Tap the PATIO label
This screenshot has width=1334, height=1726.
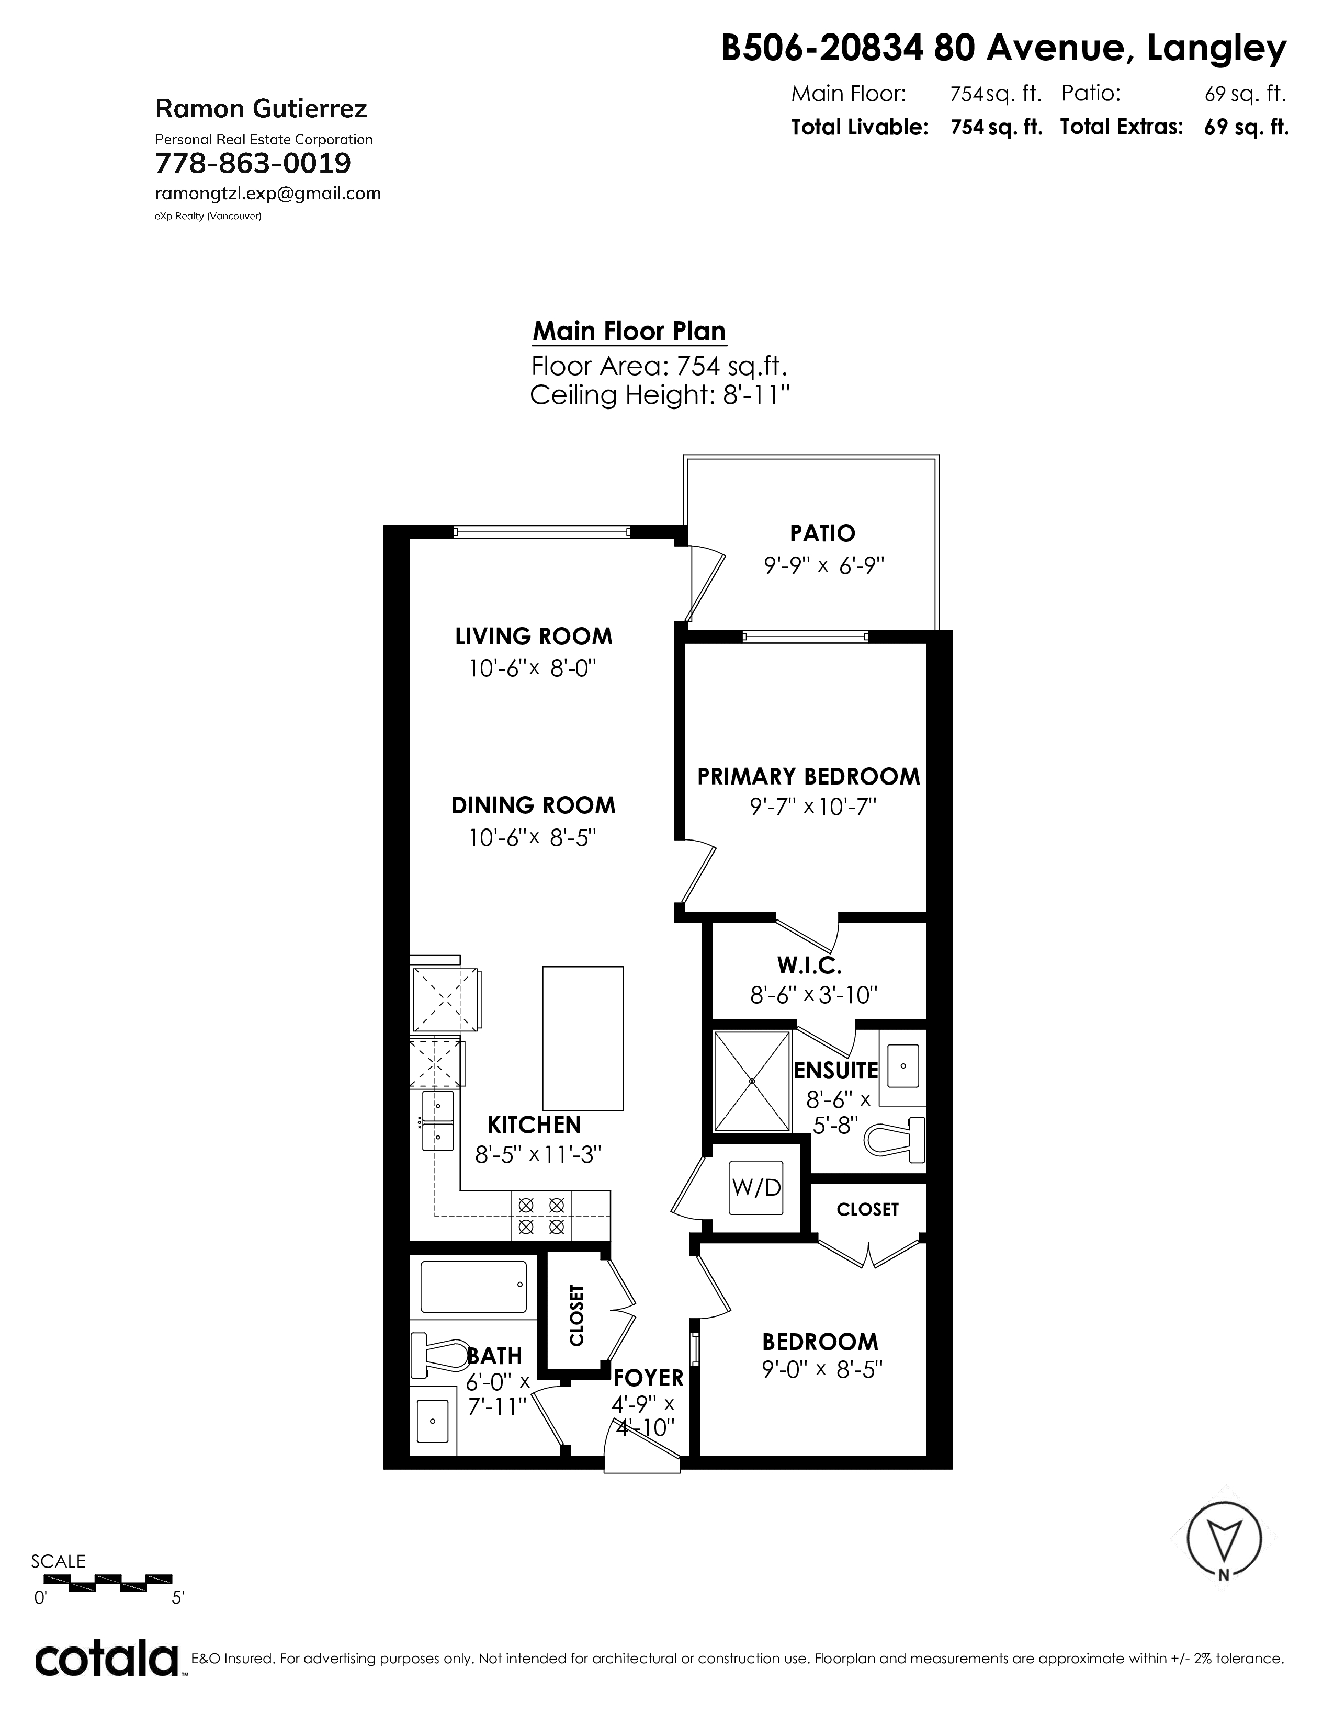click(x=822, y=533)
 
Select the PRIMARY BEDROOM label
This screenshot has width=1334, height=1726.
click(x=808, y=776)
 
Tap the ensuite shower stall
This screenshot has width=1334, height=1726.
click(x=752, y=1081)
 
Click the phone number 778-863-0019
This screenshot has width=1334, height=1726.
click(x=253, y=164)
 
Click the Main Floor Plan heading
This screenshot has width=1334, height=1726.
click(x=629, y=331)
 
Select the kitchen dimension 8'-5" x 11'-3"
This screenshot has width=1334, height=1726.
click(x=538, y=1155)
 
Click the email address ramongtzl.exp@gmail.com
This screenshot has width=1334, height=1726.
click(x=268, y=194)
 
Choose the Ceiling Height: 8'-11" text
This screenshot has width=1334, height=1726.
click(x=660, y=394)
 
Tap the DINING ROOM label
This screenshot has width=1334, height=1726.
click(x=534, y=805)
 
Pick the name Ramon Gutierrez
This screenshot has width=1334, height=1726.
click(x=261, y=108)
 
